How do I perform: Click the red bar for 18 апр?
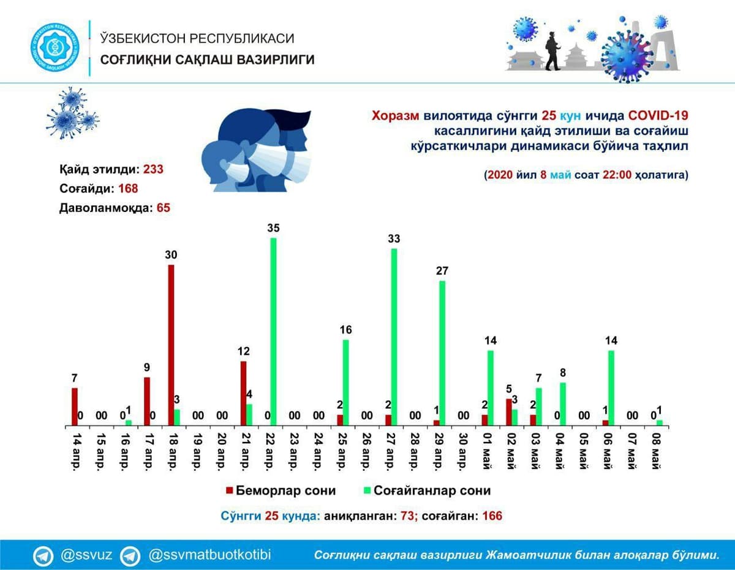pyautogui.click(x=171, y=345)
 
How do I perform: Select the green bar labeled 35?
pyautogui.click(x=273, y=332)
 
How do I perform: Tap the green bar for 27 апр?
pyautogui.click(x=394, y=337)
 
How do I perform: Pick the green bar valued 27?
pyautogui.click(x=442, y=353)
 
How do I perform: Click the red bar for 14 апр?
pyautogui.click(x=74, y=406)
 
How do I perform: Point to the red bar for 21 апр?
pyautogui.click(x=244, y=393)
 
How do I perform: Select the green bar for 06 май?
pyautogui.click(x=611, y=388)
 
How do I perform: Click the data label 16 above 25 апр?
pyautogui.click(x=345, y=330)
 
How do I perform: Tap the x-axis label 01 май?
pyautogui.click(x=486, y=451)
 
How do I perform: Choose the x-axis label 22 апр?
pyautogui.click(x=269, y=451)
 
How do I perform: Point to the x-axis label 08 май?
pyautogui.click(x=655, y=451)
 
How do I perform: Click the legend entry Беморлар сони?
pyautogui.click(x=281, y=490)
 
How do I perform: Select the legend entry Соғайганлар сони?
pyautogui.click(x=427, y=490)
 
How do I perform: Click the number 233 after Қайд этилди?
pyautogui.click(x=153, y=169)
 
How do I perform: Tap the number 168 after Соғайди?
pyautogui.click(x=128, y=188)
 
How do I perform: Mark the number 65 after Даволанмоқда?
pyautogui.click(x=164, y=208)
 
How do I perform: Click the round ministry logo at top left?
pyautogui.click(x=55, y=47)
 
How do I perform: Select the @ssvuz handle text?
pyautogui.click(x=86, y=555)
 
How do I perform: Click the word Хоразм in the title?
pyautogui.click(x=396, y=116)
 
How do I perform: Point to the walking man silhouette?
pyautogui.click(x=552, y=51)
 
